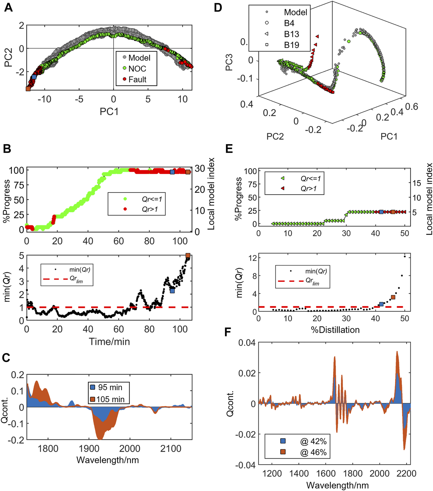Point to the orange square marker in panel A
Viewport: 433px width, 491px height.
coord(28,89)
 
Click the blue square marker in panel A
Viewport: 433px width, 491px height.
coord(34,77)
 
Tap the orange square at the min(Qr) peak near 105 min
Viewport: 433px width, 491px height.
coord(188,256)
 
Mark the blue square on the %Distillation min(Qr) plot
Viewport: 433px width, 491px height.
coord(381,304)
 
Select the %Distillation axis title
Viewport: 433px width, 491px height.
coord(335,330)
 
